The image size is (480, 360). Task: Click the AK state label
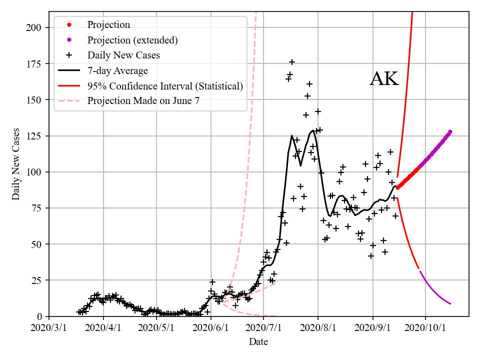click(x=384, y=79)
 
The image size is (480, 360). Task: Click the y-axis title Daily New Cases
click(x=16, y=164)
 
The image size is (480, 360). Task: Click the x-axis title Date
click(x=258, y=342)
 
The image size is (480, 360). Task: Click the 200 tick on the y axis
click(x=34, y=27)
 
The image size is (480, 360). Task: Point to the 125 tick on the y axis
click(x=34, y=136)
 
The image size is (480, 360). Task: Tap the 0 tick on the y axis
click(x=39, y=316)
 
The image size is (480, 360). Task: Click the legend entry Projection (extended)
click(x=132, y=40)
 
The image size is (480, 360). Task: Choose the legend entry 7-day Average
click(x=117, y=70)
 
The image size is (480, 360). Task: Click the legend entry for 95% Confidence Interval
click(x=165, y=86)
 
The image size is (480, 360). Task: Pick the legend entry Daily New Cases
click(x=123, y=55)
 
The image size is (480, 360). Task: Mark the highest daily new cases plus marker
click(x=292, y=62)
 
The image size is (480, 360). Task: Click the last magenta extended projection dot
click(x=450, y=131)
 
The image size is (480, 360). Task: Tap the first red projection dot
click(x=398, y=187)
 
